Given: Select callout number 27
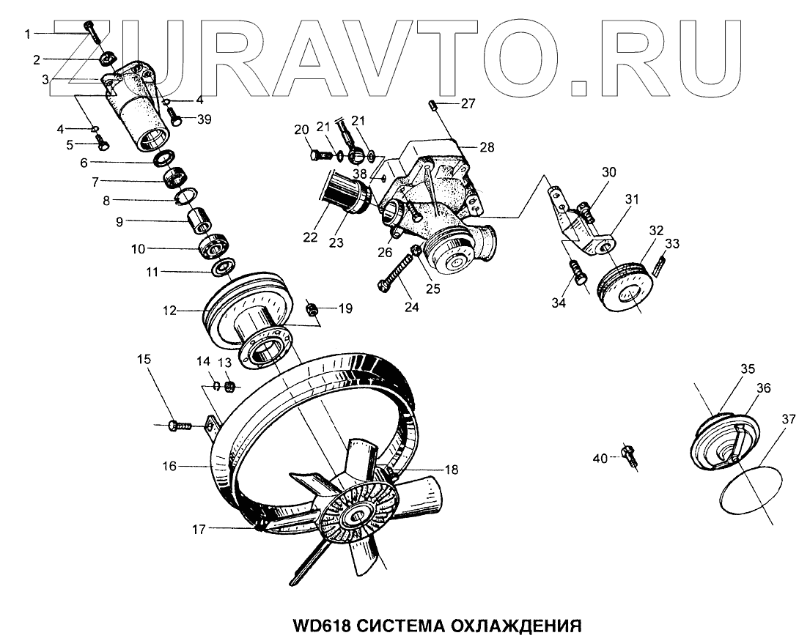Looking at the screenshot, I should point(468,103).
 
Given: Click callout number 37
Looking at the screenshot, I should point(787,419).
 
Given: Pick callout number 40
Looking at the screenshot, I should point(600,459).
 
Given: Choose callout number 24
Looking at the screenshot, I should point(412,307).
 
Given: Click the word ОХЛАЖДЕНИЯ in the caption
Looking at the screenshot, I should point(514,626).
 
